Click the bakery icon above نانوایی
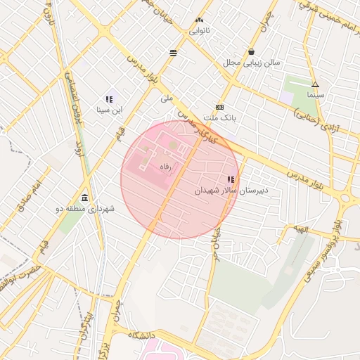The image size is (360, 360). coord(199,20)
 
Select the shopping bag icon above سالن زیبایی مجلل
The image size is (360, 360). coord(252,51)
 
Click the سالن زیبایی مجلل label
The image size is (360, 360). coord(252,62)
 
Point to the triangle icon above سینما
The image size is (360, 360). coord(315,84)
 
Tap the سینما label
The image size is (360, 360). coord(315,94)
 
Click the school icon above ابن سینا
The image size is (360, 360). coord(109,99)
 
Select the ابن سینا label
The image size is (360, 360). coord(109,110)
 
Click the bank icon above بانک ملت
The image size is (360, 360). coord(220,108)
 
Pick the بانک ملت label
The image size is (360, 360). coord(220,118)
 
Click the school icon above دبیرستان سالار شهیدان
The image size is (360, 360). coord(231,180)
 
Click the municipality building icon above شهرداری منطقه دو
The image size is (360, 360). coord(85,198)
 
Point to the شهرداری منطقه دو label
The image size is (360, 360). coord(85,209)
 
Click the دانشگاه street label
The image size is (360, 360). coord(136,336)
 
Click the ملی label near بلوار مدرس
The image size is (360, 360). coord(167,99)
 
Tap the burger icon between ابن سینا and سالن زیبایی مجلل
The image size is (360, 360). coord(173,52)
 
